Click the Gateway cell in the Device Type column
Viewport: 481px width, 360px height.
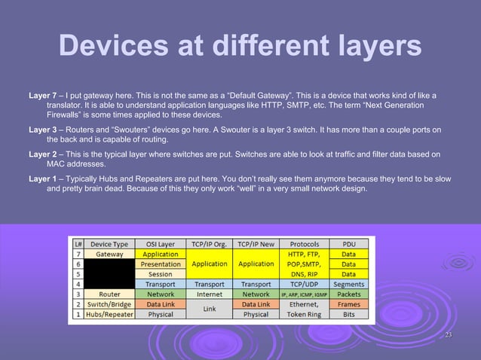pyautogui.click(x=109, y=255)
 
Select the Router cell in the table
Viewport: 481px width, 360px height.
pyautogui.click(x=109, y=294)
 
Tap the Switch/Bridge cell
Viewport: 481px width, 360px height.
pyautogui.click(x=109, y=304)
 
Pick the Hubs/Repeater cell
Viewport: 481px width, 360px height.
pyautogui.click(x=109, y=314)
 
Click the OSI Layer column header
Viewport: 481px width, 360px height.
pyautogui.click(x=160, y=244)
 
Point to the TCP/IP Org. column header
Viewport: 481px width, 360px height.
pyautogui.click(x=209, y=244)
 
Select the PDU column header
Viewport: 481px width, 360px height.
pyautogui.click(x=348, y=244)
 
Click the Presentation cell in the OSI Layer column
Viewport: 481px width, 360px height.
pyautogui.click(x=160, y=264)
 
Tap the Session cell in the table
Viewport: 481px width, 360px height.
pyautogui.click(x=160, y=274)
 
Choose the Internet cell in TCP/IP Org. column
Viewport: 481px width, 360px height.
pyautogui.click(x=209, y=294)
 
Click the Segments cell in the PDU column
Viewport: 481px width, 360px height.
pyautogui.click(x=348, y=285)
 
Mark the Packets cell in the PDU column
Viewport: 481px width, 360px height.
pyautogui.click(x=348, y=294)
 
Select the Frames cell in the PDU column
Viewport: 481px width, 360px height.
pyautogui.click(x=348, y=304)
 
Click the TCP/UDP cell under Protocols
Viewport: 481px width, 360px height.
pyautogui.click(x=303, y=285)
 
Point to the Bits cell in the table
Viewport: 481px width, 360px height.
pyautogui.click(x=348, y=314)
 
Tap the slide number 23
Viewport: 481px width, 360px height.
pyautogui.click(x=449, y=335)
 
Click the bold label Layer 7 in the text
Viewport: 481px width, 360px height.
pyautogui.click(x=42, y=97)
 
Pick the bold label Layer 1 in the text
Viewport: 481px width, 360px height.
pyautogui.click(x=42, y=178)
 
